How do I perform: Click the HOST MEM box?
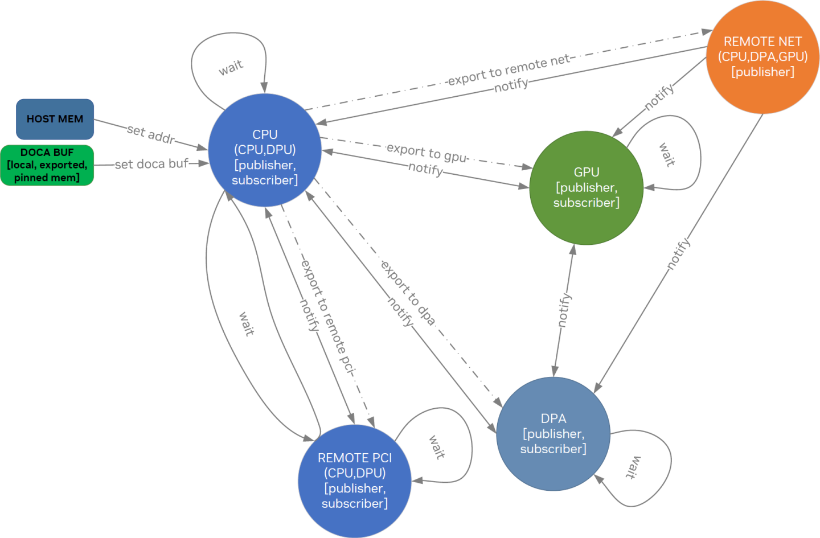click(x=55, y=119)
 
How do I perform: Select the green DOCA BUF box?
click(x=47, y=165)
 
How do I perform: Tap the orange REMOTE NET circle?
click(x=762, y=57)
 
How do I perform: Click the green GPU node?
click(x=586, y=188)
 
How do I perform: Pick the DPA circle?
click(x=553, y=434)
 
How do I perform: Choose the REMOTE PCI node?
click(x=354, y=480)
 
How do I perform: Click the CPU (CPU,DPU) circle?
click(x=265, y=150)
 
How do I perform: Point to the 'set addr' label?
click(x=150, y=134)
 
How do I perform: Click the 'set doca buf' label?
click(x=151, y=164)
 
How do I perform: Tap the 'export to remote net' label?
click(x=508, y=70)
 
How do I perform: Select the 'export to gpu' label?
click(x=427, y=152)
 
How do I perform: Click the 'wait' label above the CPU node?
click(x=231, y=67)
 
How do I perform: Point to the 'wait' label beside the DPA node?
click(x=633, y=467)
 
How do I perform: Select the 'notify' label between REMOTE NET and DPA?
click(x=678, y=253)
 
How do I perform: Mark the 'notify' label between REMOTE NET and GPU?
click(x=659, y=97)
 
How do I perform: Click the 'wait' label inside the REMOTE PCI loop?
click(x=437, y=447)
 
